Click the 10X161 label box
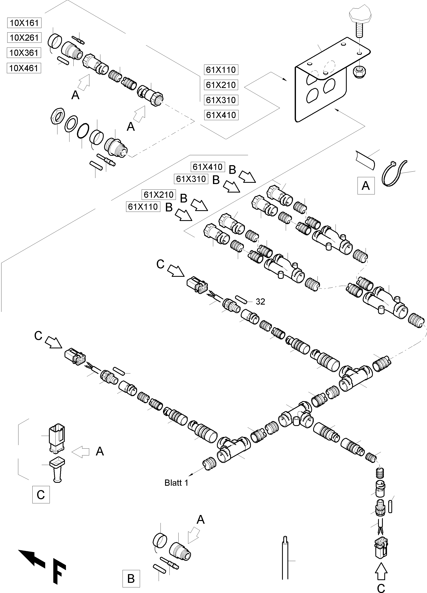coord(24,23)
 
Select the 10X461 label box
coord(24,68)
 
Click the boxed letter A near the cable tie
coord(366,186)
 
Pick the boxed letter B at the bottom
coord(131,579)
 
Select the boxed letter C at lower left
coord(41,495)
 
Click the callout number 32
coord(260,302)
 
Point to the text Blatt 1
coord(176,483)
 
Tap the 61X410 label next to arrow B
coord(208,167)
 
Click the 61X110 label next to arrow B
coord(143,207)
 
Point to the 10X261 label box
coord(24,38)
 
